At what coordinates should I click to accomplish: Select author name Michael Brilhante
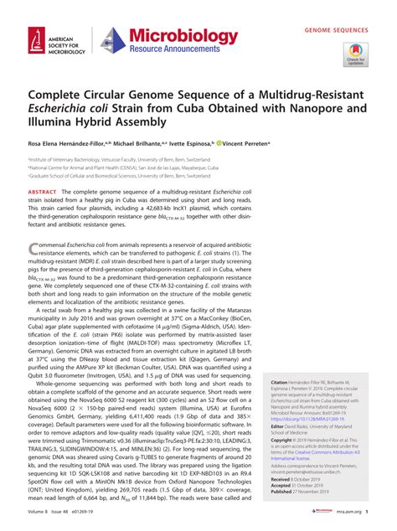tap(142, 143)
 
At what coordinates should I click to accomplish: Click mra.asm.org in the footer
tap(350, 523)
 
